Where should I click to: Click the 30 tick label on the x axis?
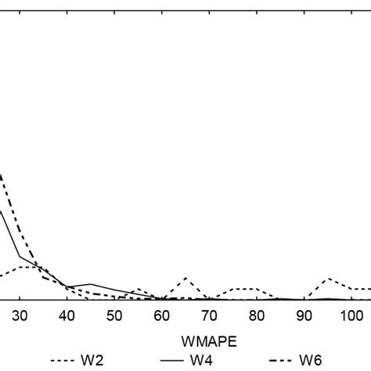click(20, 315)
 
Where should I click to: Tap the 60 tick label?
click(162, 315)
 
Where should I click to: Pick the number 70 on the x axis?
click(209, 315)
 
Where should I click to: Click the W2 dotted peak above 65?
click(185, 278)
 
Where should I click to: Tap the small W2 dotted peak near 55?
click(138, 290)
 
